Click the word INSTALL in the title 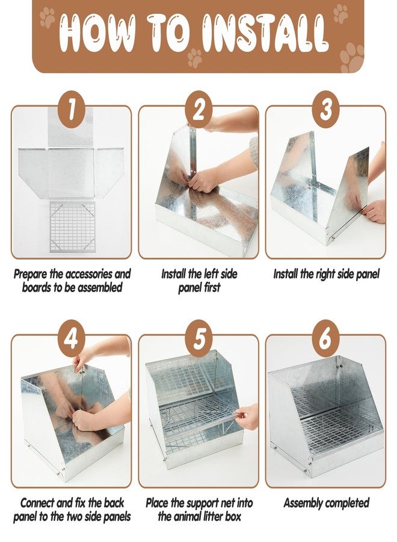[x=265, y=33]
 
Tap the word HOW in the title [x=97, y=33]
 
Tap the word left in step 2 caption [x=214, y=274]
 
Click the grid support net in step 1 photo [x=73, y=226]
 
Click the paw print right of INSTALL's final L [x=352, y=57]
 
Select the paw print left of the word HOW [x=48, y=17]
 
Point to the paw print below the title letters [x=195, y=57]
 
